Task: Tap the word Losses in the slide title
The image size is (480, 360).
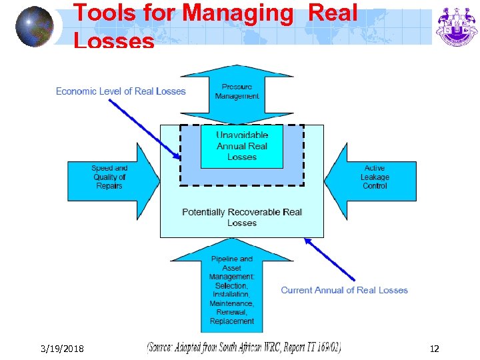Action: (113, 41)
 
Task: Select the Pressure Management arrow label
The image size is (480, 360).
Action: (237, 91)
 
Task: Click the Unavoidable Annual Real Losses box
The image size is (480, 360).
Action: (241, 147)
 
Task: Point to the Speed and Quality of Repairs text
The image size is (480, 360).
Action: (109, 177)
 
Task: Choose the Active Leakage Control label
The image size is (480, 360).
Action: (375, 177)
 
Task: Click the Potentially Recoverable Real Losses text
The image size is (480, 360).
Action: (241, 217)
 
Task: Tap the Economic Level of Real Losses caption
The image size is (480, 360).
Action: (121, 91)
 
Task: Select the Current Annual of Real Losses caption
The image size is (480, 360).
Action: (344, 290)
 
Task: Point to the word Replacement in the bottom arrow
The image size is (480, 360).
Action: (232, 321)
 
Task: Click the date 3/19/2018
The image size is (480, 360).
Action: (61, 348)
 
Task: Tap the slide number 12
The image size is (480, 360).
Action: (435, 348)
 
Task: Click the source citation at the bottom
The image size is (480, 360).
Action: (243, 347)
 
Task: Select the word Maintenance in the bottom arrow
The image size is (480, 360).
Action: (231, 303)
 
